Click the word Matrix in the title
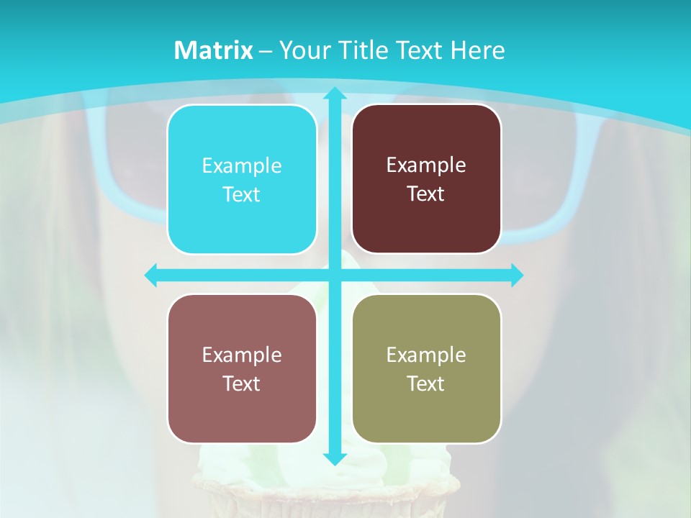coord(214,50)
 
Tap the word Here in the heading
coord(478,50)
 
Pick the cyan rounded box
coord(242,179)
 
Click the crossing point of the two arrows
coord(334,275)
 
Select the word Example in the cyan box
coord(242,166)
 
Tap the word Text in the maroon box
coord(426,194)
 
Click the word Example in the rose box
coord(242,355)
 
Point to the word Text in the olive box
coord(426,383)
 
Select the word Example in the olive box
coord(426,355)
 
